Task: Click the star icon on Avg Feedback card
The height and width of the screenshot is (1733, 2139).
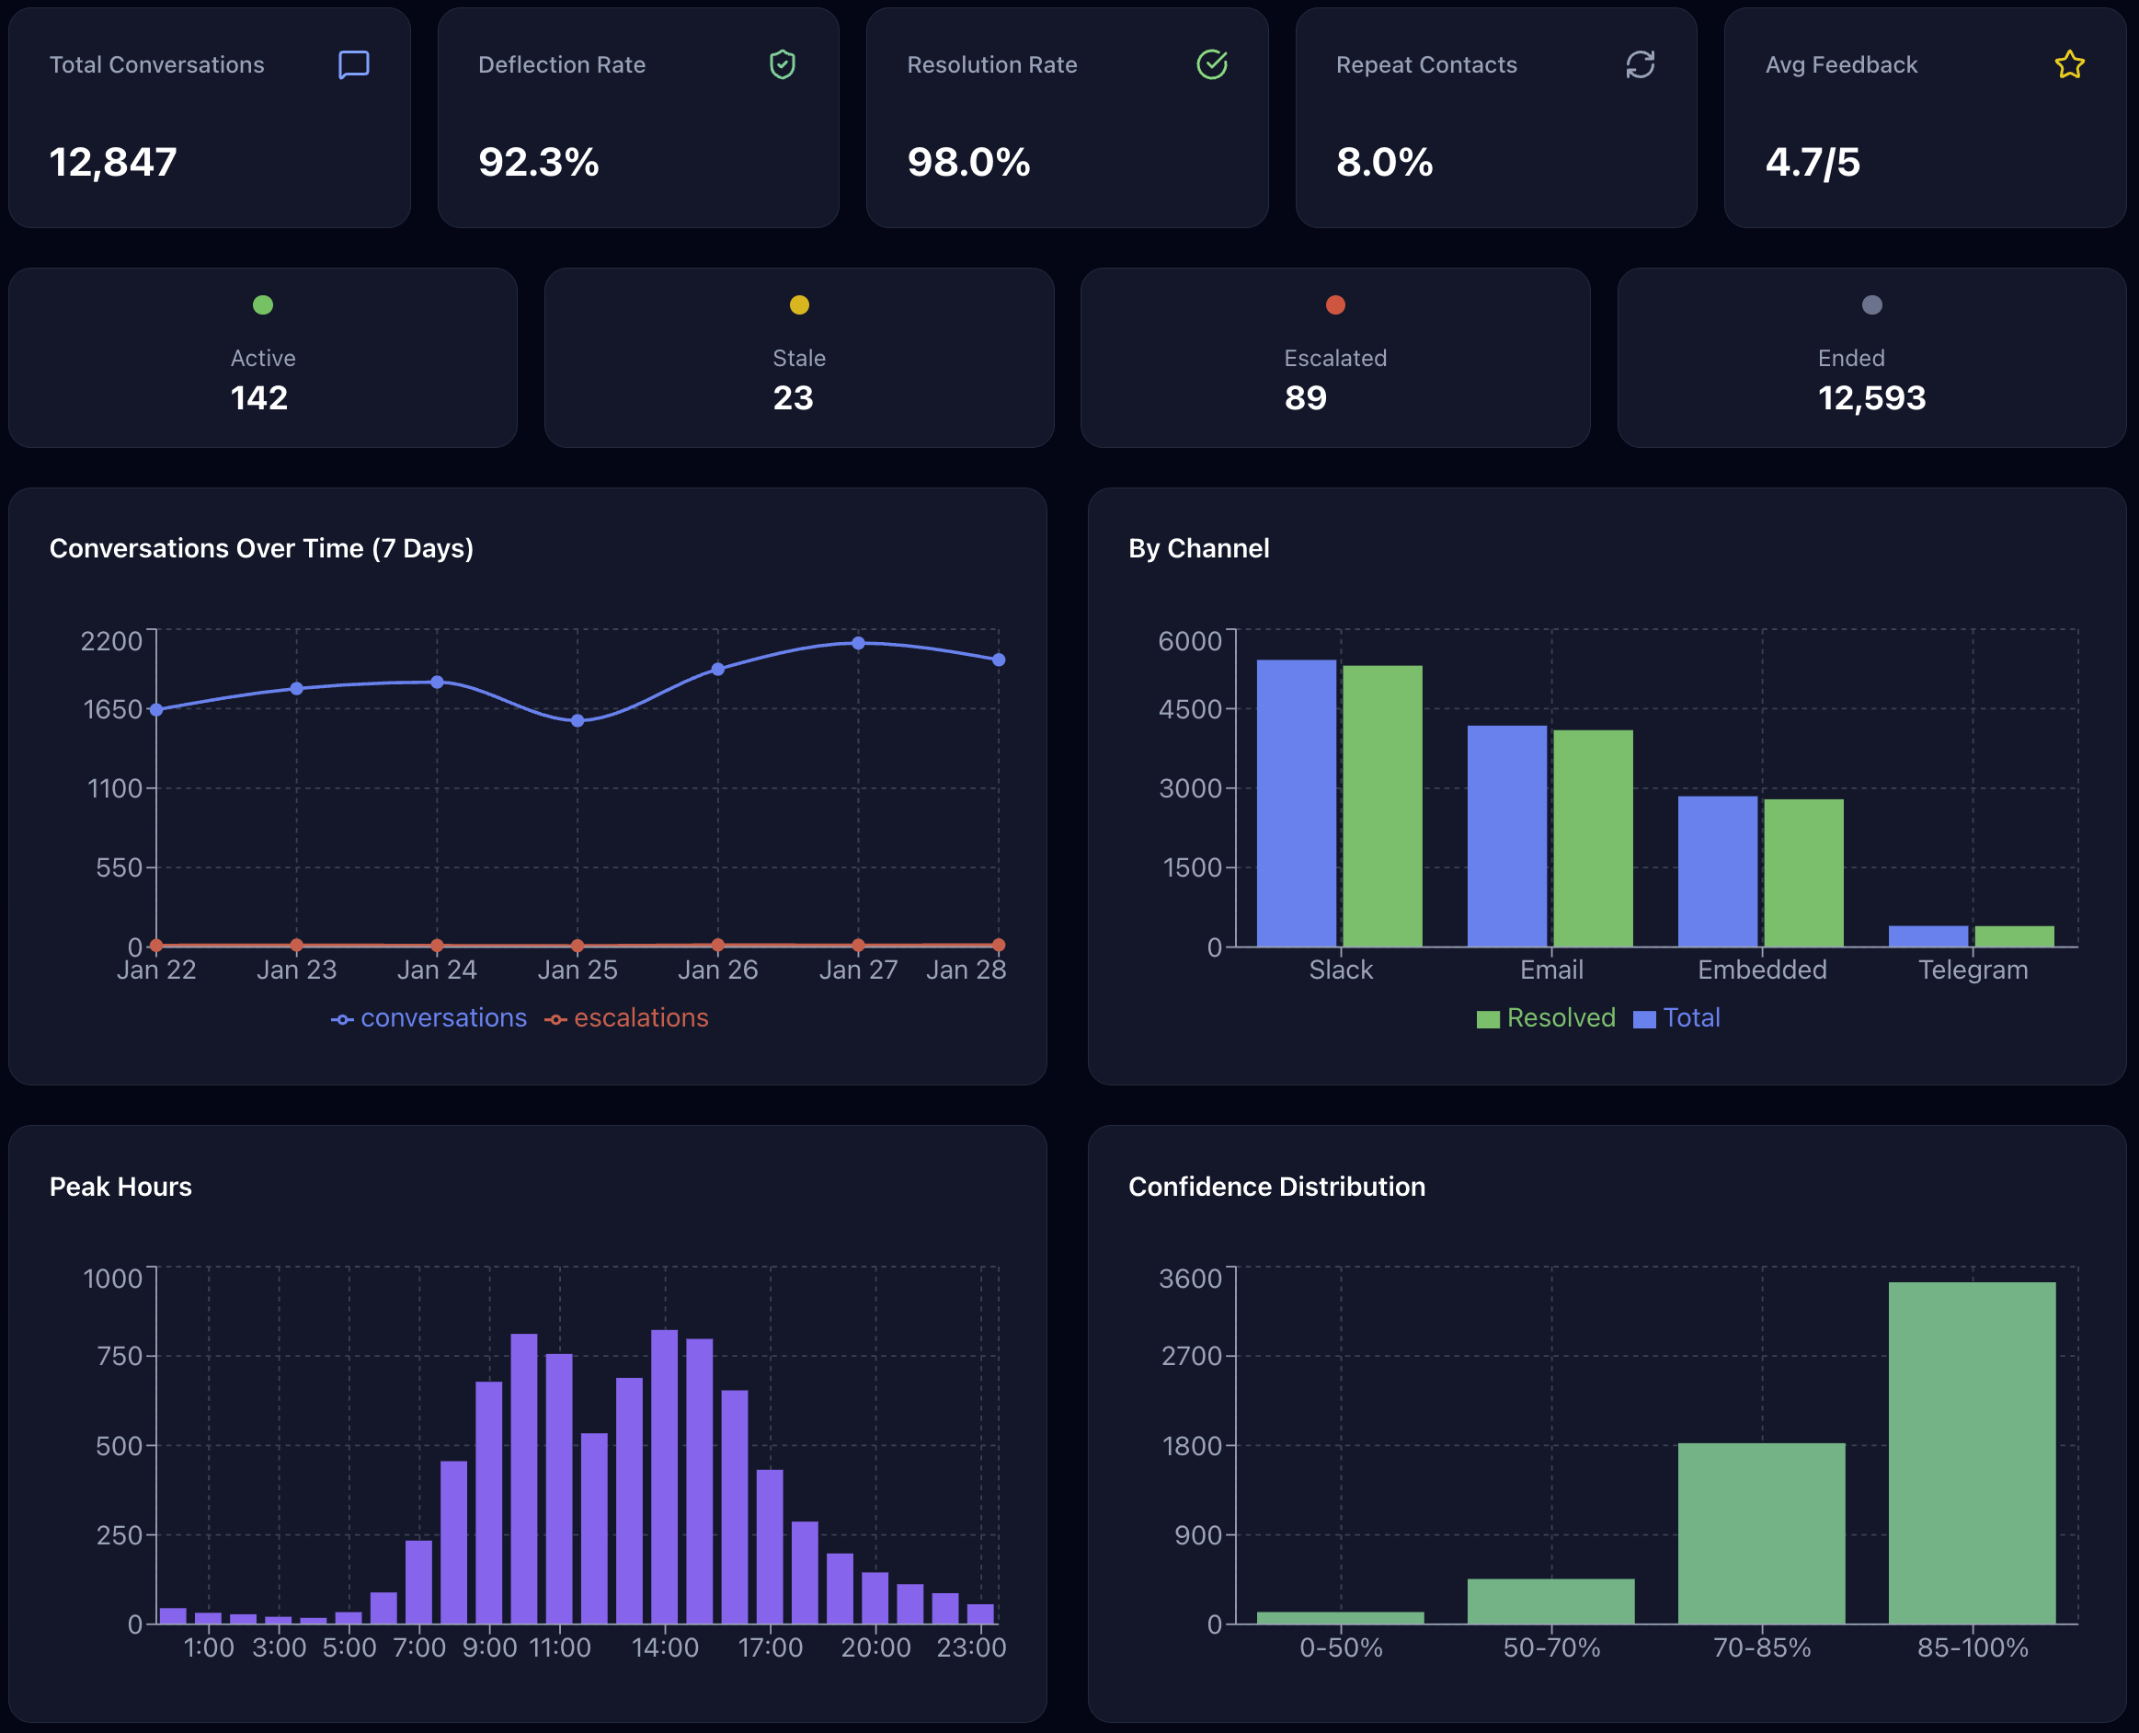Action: [2069, 65]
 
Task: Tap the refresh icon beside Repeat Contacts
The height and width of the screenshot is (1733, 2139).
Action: [1640, 65]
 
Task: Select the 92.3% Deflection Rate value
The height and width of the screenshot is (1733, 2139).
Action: [538, 162]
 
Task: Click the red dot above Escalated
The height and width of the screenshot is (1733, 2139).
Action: [1334, 304]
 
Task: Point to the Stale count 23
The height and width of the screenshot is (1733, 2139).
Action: [793, 397]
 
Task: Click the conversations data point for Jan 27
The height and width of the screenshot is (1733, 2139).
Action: [857, 643]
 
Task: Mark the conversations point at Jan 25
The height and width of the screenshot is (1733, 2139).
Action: [577, 719]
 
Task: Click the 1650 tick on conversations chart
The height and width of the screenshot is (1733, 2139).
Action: [113, 709]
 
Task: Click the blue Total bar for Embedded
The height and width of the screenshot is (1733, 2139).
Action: [1717, 870]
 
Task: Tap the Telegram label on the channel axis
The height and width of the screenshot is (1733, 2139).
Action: [1973, 970]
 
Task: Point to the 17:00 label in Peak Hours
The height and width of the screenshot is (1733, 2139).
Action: [770, 1647]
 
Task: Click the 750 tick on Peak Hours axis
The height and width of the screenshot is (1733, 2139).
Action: [120, 1356]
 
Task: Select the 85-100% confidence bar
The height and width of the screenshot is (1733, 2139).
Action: [1972, 1452]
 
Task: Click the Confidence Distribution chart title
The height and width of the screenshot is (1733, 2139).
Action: [1275, 1186]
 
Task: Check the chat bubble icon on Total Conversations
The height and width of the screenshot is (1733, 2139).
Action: [353, 65]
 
